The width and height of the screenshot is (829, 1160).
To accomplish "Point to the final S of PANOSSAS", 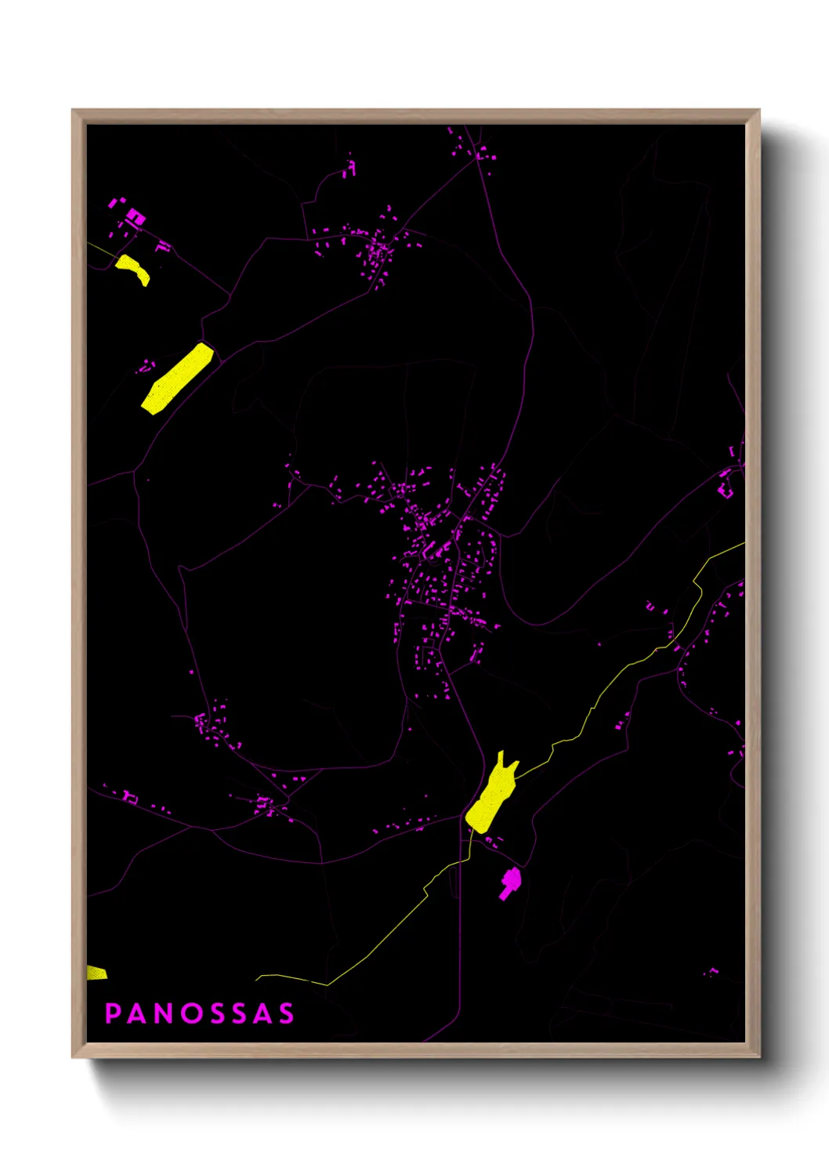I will coord(285,1013).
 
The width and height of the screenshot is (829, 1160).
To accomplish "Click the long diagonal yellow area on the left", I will coord(178,378).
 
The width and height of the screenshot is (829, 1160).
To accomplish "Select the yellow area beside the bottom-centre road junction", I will coord(492,794).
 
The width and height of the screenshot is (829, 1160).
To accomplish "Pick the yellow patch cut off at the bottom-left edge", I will coord(96,973).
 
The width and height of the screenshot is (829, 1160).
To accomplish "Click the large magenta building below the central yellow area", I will coord(510,882).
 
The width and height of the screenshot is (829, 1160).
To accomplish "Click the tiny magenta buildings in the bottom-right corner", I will coord(711,973).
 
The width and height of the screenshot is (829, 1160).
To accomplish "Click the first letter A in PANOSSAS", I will coord(137,1013).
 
